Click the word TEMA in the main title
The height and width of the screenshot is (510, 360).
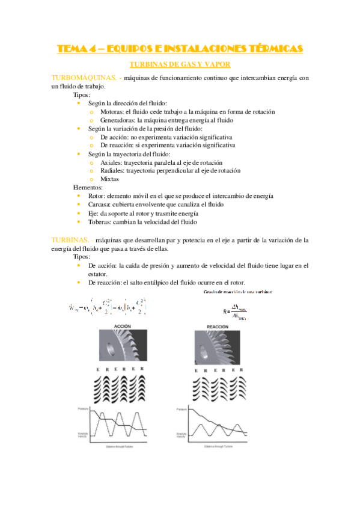(71, 49)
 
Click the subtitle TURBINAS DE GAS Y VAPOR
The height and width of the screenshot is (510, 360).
(180, 64)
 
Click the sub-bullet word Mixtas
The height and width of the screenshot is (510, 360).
(109, 179)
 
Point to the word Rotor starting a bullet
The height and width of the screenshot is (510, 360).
(96, 196)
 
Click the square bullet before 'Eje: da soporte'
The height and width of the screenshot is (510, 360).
(79, 213)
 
